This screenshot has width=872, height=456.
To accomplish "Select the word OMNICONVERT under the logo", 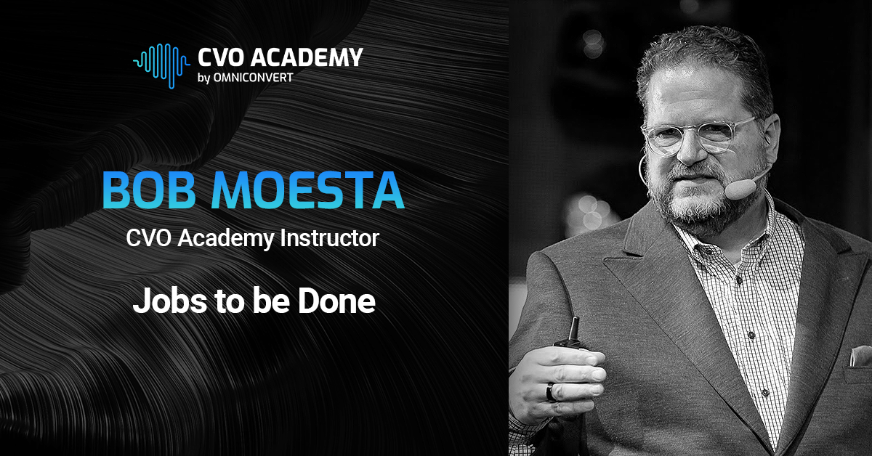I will [254, 77].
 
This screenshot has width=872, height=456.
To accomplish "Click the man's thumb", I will [581, 359].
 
